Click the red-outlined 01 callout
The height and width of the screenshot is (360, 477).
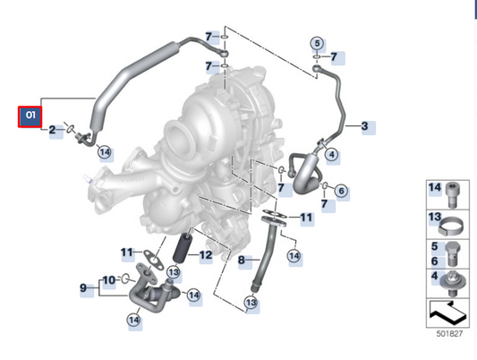click(30, 116)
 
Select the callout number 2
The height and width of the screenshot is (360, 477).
click(52, 131)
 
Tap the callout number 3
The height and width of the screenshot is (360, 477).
click(364, 127)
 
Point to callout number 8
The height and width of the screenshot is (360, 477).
click(241, 260)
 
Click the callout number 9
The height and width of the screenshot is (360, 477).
click(83, 287)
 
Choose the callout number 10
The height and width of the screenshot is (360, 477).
click(108, 279)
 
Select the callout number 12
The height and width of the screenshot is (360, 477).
click(205, 255)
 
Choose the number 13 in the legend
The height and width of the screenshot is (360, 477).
click(435, 218)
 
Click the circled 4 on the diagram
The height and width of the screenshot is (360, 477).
click(332, 154)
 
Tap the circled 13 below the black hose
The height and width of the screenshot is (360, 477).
click(174, 271)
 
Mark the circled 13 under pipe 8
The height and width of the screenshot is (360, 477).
click(250, 304)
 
